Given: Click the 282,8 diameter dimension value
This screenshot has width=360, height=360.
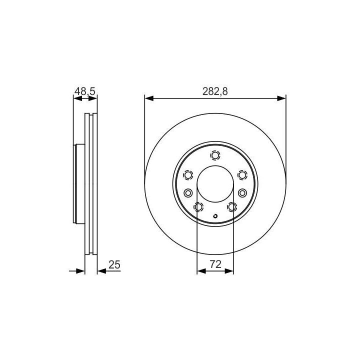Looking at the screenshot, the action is [x=215, y=91].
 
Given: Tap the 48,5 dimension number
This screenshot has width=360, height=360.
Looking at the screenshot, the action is [x=84, y=91].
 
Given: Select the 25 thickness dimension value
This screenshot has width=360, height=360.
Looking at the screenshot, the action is [x=114, y=264].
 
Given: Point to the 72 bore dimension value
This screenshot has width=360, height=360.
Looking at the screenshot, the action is [x=215, y=264].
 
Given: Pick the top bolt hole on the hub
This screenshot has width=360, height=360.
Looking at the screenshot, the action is [x=215, y=155].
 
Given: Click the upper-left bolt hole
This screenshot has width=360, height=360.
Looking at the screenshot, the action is [x=188, y=175].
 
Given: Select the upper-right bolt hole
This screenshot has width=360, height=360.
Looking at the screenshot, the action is [x=242, y=175].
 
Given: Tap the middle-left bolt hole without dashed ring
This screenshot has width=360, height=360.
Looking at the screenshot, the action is [x=188, y=193].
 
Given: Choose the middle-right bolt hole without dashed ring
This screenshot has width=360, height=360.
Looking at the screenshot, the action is [x=242, y=193].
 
